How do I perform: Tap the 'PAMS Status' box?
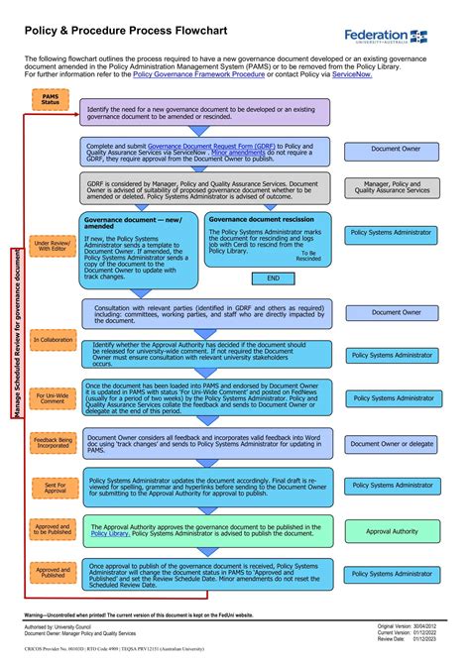click(x=51, y=98)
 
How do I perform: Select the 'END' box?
click(x=274, y=278)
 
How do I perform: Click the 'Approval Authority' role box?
click(x=392, y=531)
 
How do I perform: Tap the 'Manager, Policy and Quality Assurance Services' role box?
click(x=392, y=187)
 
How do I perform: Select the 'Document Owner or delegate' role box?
click(x=392, y=444)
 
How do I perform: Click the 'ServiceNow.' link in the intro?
click(x=352, y=74)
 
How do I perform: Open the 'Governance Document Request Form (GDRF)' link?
click(x=211, y=146)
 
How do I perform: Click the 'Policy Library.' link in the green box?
click(x=110, y=533)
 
